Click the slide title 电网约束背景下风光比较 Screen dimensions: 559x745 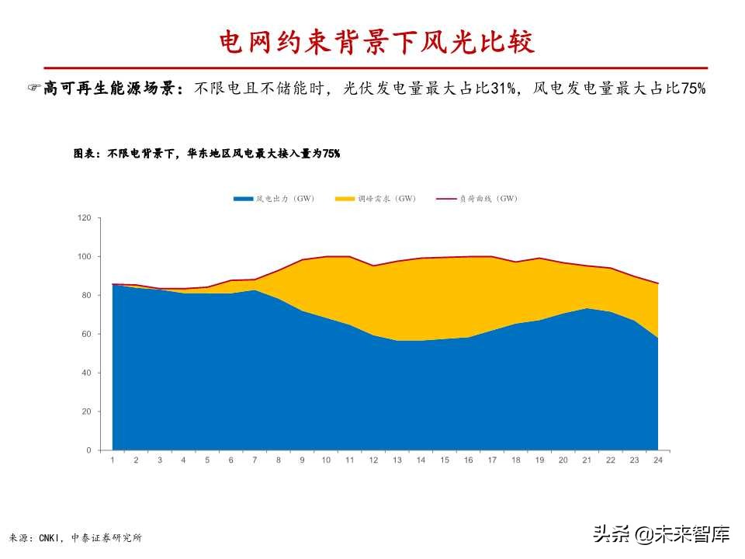point(376,43)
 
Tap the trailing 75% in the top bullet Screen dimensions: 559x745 point(692,89)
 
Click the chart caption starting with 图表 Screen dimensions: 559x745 point(206,154)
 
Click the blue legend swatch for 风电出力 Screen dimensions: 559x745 point(244,200)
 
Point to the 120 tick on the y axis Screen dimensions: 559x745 point(85,218)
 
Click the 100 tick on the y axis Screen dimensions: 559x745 point(85,257)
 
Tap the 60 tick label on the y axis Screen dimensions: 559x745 point(86,335)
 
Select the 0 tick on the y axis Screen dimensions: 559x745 point(88,450)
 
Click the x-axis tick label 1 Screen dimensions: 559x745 point(113,460)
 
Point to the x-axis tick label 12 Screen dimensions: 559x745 point(373,460)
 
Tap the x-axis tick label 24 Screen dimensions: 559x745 point(658,460)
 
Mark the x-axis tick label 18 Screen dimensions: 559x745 point(516,460)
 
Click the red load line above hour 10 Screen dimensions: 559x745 point(326,256)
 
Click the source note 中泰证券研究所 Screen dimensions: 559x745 point(106,537)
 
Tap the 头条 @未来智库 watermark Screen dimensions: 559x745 point(662,534)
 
